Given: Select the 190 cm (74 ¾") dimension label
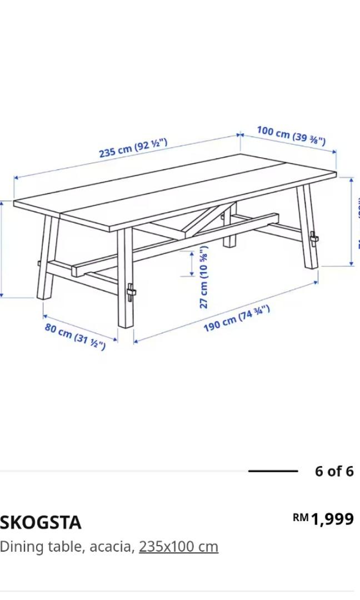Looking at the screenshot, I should point(237,318).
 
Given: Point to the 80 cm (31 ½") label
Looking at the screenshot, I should point(75,336).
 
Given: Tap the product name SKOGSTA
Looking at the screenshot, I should point(41,522).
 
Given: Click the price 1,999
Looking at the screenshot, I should point(332,519).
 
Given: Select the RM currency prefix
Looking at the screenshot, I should point(301,518).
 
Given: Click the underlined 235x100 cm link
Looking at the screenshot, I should point(178,547).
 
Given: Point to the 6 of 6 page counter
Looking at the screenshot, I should point(334,471).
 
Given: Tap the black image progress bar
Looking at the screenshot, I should point(273,471).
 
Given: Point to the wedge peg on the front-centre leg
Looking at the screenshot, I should point(131,292).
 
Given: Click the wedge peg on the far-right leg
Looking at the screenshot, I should point(314,238).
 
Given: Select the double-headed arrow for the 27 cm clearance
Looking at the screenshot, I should point(192,264).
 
